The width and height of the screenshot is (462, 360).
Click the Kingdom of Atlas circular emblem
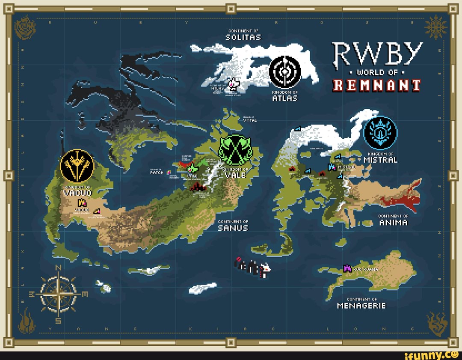click(x=285, y=71)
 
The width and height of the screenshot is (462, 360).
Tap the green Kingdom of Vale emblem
click(x=236, y=149)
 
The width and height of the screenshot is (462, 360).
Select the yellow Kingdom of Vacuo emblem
click(x=77, y=166)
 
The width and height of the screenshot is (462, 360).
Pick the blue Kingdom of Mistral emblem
click(x=380, y=133)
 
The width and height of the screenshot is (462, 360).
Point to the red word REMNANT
click(x=377, y=85)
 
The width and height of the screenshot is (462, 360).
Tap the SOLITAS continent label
click(x=243, y=37)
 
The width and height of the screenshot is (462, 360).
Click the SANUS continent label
click(x=233, y=228)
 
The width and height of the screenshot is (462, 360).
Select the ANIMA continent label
click(x=393, y=223)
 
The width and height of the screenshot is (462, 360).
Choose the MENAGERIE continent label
click(x=361, y=305)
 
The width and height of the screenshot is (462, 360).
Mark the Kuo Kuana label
click(x=366, y=269)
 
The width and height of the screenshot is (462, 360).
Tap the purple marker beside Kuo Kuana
click(x=347, y=268)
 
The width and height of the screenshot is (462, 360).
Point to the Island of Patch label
click(x=157, y=172)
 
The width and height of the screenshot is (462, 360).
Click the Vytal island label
click(x=250, y=120)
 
